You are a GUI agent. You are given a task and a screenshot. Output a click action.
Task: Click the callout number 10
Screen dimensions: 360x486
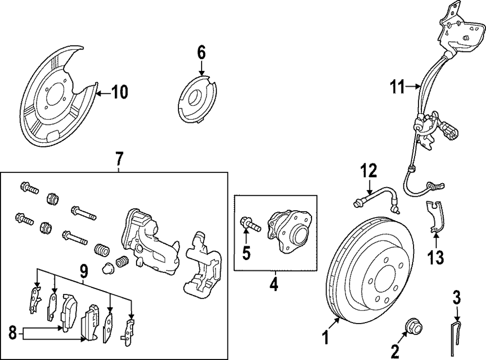(120, 91)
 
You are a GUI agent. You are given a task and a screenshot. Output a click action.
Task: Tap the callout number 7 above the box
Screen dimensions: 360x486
(119, 159)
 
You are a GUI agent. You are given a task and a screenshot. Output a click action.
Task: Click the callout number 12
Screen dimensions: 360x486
(368, 171)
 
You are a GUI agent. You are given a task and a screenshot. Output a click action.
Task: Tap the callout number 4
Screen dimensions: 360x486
(274, 283)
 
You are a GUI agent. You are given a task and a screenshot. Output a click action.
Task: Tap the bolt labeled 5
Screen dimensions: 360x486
(250, 224)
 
